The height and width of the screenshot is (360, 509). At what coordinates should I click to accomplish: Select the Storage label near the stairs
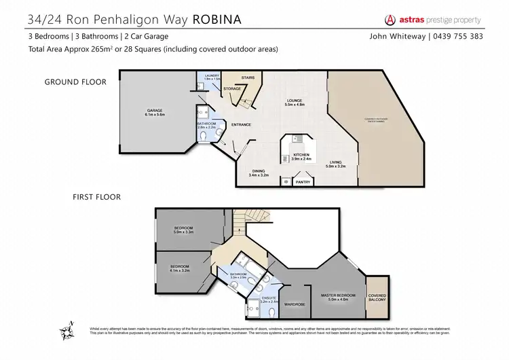pos(232,88)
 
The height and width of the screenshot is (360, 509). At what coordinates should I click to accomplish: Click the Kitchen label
pos(301,156)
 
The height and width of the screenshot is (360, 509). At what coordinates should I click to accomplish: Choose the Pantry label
pos(303,182)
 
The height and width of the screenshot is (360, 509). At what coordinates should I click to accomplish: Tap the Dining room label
pos(259,173)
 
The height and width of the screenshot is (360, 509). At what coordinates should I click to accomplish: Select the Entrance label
pos(242,124)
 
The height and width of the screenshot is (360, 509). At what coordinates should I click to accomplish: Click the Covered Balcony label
pos(377,298)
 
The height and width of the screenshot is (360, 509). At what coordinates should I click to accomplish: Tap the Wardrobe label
pos(294,304)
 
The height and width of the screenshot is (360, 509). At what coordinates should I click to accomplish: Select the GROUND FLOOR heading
pos(76,82)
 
